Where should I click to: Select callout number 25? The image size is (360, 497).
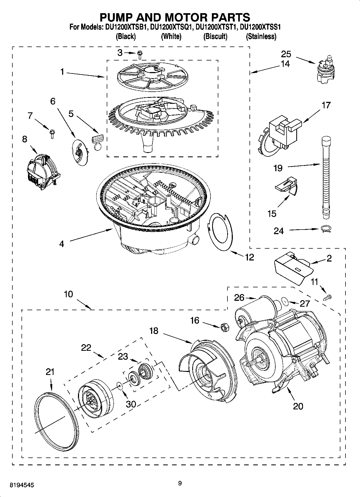286,54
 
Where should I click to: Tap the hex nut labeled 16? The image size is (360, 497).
224,327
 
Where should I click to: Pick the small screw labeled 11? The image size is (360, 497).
328,297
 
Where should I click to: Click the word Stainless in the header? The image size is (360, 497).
261,36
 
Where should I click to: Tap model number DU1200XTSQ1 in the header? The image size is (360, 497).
171,27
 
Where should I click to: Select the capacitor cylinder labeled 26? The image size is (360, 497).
255,309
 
